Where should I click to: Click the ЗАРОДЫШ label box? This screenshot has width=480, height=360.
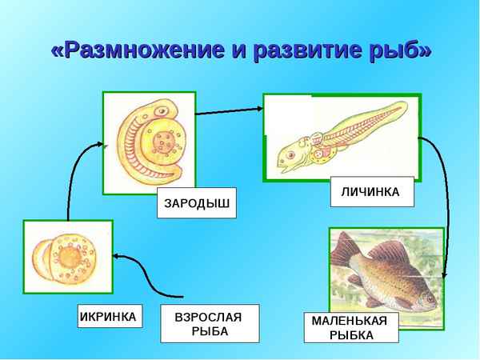tap(197, 203)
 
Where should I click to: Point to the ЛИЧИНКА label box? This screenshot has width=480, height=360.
tap(371, 192)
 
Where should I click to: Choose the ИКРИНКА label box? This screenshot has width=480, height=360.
tap(109, 316)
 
